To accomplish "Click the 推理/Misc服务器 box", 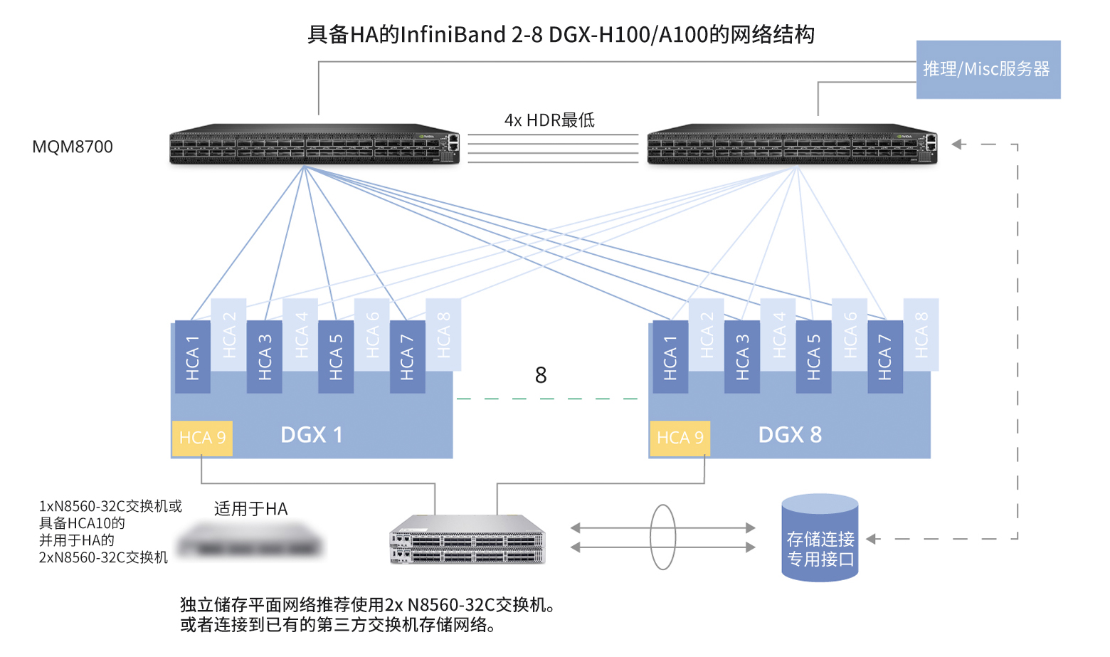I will pyautogui.click(x=988, y=69).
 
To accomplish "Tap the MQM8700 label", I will pyautogui.click(x=73, y=147).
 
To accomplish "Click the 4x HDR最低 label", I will pyautogui.click(x=549, y=120).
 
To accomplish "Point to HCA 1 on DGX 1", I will pyautogui.click(x=192, y=357).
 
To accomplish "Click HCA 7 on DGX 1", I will pyautogui.click(x=407, y=357).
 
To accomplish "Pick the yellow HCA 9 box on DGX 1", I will pyautogui.click(x=202, y=438).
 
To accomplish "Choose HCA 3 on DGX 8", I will pyautogui.click(x=742, y=357).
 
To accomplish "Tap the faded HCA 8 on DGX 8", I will pyautogui.click(x=921, y=335).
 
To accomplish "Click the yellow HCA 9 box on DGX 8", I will pyautogui.click(x=680, y=438).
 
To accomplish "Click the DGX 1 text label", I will pyautogui.click(x=312, y=435).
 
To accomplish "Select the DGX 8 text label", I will pyautogui.click(x=790, y=435).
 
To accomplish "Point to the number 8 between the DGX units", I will pyautogui.click(x=541, y=375).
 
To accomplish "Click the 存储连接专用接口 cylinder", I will pyautogui.click(x=820, y=539).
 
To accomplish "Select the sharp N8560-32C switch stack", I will pyautogui.click(x=467, y=540).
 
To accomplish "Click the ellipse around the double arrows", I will pyautogui.click(x=662, y=537).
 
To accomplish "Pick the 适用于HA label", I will pyautogui.click(x=250, y=509).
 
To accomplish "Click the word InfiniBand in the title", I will pyautogui.click(x=454, y=35).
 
